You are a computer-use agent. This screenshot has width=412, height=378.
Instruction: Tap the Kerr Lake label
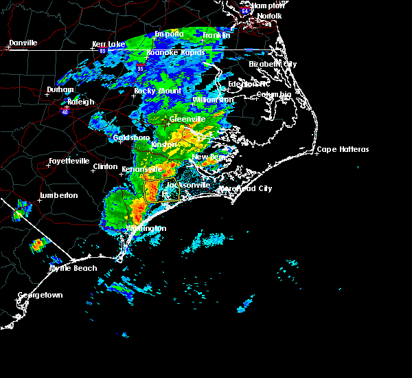click(x=109, y=44)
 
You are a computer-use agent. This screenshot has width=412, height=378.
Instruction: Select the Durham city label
click(x=60, y=90)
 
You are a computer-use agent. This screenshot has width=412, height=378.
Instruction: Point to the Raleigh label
click(x=81, y=102)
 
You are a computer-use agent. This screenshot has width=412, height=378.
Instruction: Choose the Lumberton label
click(x=58, y=195)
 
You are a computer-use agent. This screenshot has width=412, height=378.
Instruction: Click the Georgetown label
click(x=41, y=295)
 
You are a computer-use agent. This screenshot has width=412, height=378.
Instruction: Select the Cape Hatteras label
click(x=343, y=150)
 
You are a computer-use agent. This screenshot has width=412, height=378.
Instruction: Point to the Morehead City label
click(x=246, y=188)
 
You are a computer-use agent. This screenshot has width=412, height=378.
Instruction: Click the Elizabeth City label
click(x=273, y=64)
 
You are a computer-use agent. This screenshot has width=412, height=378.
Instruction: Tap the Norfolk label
click(x=269, y=16)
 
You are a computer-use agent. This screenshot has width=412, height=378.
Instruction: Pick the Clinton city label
click(x=105, y=166)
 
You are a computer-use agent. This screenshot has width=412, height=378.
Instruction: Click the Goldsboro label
click(x=131, y=137)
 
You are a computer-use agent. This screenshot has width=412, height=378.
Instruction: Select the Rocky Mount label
click(x=157, y=91)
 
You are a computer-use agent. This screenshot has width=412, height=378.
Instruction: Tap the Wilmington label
click(x=146, y=228)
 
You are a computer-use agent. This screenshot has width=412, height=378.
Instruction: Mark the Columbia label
click(x=274, y=94)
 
